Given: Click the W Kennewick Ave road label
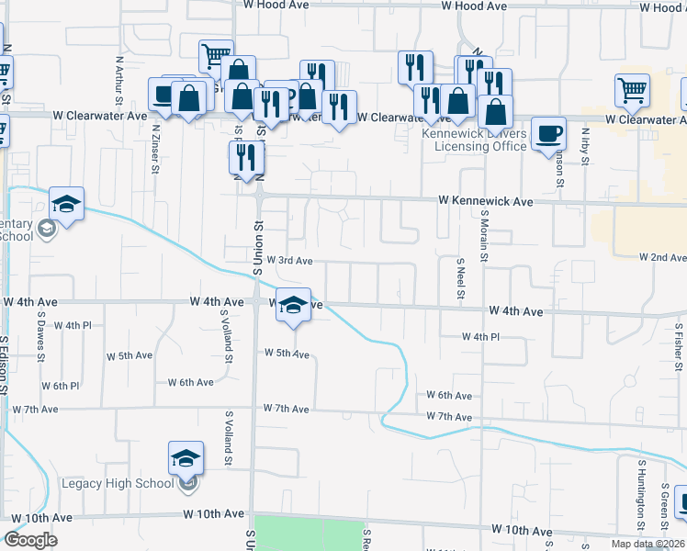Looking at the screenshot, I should pyautogui.click(x=486, y=200).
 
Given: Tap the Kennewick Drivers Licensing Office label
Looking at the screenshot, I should pyautogui.click(x=474, y=140).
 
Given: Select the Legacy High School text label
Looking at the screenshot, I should pyautogui.click(x=118, y=484).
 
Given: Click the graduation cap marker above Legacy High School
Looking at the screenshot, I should pyautogui.click(x=186, y=456).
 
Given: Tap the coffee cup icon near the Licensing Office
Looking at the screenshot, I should pyautogui.click(x=549, y=133).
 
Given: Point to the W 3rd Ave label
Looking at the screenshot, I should pyautogui.click(x=290, y=261).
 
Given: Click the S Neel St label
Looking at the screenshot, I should pyautogui.click(x=461, y=277).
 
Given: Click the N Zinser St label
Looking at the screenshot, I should pyautogui.click(x=156, y=149).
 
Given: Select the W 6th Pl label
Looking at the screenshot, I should pyautogui.click(x=60, y=387).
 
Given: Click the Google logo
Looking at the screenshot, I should pyautogui.click(x=30, y=539).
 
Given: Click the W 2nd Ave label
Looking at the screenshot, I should pyautogui.click(x=661, y=258).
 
